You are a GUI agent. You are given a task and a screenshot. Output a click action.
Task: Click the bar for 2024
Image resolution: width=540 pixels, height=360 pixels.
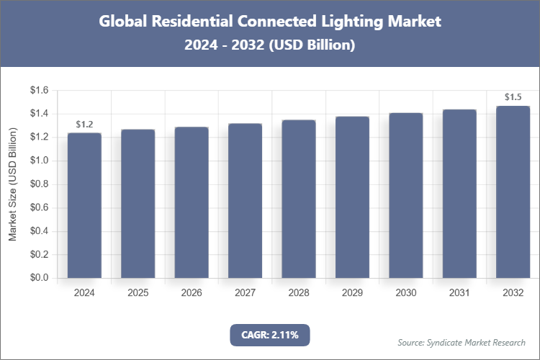pos(84,206)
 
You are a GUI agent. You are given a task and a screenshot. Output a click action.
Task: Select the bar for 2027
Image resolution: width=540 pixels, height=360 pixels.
pos(245,201)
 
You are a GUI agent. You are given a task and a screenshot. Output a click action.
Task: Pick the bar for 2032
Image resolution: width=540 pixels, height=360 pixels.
pos(513,192)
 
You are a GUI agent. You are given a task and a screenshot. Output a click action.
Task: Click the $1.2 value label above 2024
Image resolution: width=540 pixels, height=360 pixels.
pos(84,125)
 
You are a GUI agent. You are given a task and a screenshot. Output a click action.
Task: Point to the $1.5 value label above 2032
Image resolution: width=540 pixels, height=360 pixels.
pos(513,97)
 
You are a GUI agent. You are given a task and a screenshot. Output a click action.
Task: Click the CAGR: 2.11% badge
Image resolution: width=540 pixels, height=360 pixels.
pos(269,335)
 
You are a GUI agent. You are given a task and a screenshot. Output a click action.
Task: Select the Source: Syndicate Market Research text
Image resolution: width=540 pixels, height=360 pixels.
pos(462,342)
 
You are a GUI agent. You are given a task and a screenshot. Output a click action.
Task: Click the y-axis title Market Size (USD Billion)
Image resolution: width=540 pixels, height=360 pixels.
pos(12,184)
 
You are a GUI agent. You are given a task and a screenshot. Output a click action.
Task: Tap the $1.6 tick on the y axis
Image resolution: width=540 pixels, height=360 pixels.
pos(38,91)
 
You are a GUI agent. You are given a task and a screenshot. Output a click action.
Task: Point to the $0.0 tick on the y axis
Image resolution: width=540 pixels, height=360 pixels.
pos(38,278)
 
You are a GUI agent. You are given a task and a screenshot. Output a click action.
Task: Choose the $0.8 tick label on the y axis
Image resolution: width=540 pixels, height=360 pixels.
pos(38,184)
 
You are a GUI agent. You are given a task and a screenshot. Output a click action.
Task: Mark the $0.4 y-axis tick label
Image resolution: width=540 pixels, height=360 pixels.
pos(38,231)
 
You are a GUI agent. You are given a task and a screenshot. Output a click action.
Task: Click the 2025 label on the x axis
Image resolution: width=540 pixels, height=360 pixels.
pos(138,293)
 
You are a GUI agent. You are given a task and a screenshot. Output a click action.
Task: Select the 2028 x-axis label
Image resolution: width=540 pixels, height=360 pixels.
pos(299,293)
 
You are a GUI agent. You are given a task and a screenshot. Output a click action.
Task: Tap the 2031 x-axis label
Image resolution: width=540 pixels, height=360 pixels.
pos(459,293)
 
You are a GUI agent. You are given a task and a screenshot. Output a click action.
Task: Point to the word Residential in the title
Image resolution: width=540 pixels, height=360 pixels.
pos(195,22)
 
